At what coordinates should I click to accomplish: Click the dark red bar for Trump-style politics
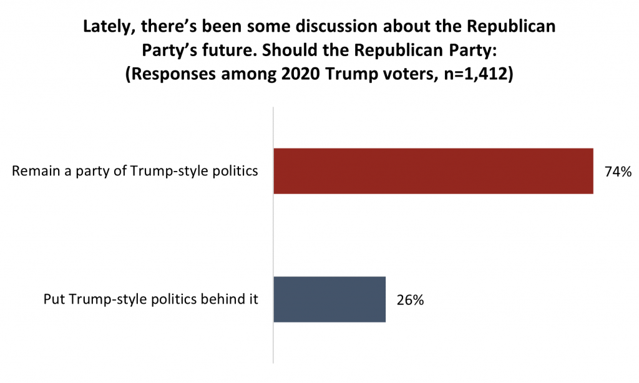(x=433, y=171)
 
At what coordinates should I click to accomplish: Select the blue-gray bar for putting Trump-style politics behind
(x=329, y=299)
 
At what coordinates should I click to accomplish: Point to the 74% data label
(x=618, y=172)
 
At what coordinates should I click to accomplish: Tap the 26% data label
(x=410, y=300)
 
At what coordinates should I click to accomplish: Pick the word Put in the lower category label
(x=54, y=299)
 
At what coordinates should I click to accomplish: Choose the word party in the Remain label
(x=97, y=172)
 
